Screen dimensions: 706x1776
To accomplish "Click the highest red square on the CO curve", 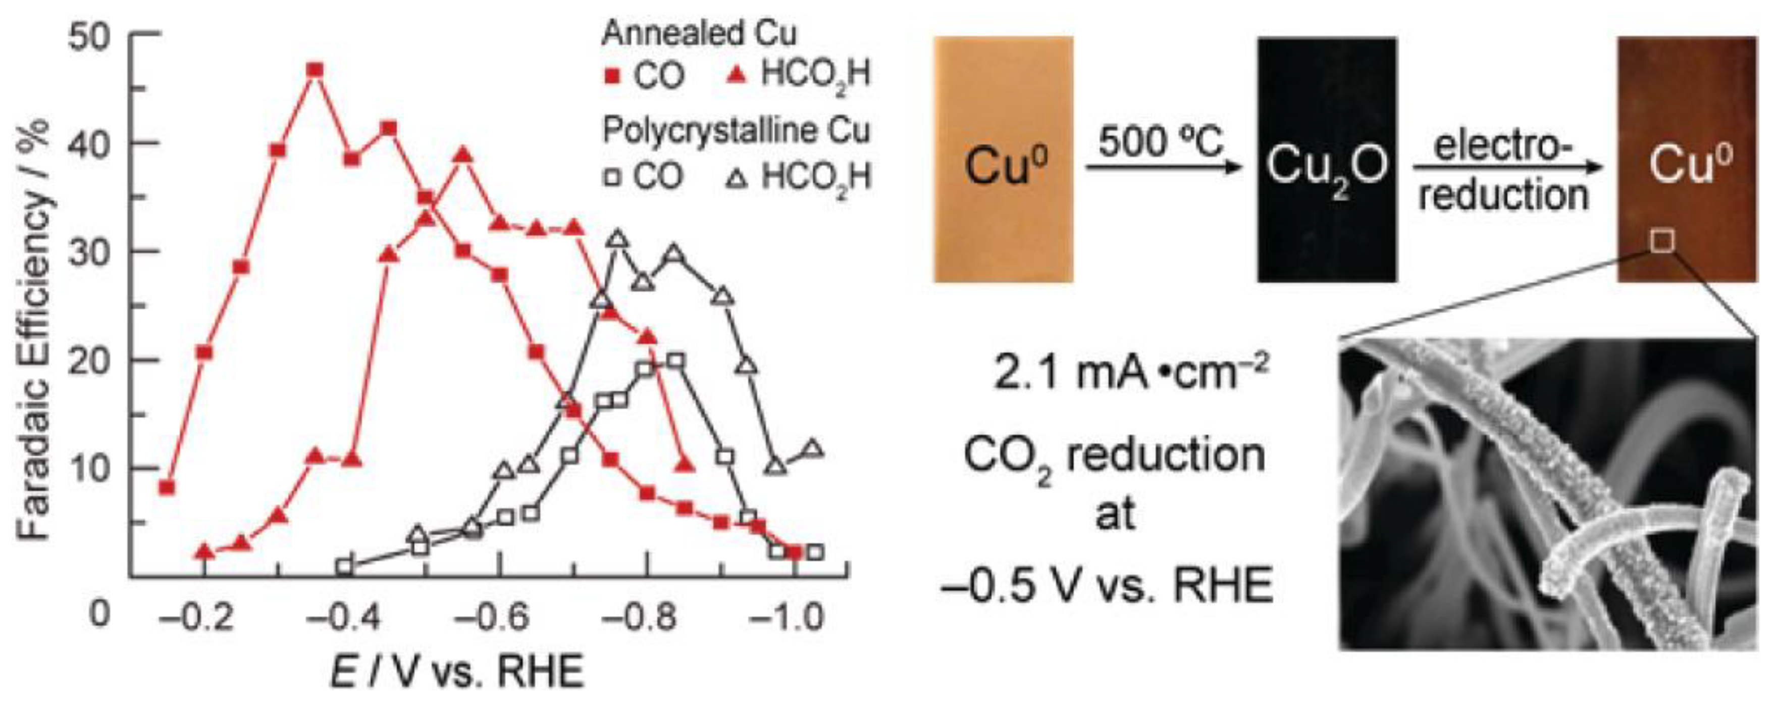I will pos(315,70).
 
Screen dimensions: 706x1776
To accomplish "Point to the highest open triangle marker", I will pos(618,239).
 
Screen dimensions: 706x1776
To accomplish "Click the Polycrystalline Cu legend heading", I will pos(737,130).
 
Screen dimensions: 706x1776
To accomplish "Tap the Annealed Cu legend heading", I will pos(699,33).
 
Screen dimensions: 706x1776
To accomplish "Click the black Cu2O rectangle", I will pos(1327,160).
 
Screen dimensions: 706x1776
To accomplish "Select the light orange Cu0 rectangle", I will pos(1004,160).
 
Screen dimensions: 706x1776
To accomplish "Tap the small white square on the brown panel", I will pos(1662,241).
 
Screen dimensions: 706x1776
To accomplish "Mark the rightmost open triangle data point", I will pos(814,449).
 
